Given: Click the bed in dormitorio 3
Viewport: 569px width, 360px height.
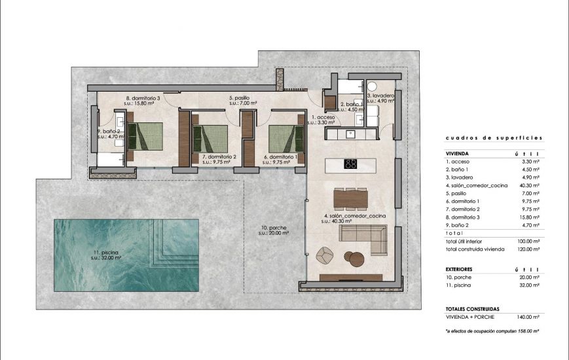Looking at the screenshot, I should click(x=145, y=137).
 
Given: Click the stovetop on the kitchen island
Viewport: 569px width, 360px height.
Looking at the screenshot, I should click(x=350, y=164).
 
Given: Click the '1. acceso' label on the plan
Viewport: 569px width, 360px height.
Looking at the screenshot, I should click(x=323, y=118).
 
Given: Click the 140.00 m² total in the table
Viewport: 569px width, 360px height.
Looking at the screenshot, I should click(x=527, y=317).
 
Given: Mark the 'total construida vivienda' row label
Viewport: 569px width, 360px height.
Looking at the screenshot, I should click(x=476, y=249).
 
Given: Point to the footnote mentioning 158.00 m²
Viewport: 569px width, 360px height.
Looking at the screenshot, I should click(x=492, y=332).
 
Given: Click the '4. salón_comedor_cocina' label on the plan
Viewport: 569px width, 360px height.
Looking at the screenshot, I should click(x=354, y=216).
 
